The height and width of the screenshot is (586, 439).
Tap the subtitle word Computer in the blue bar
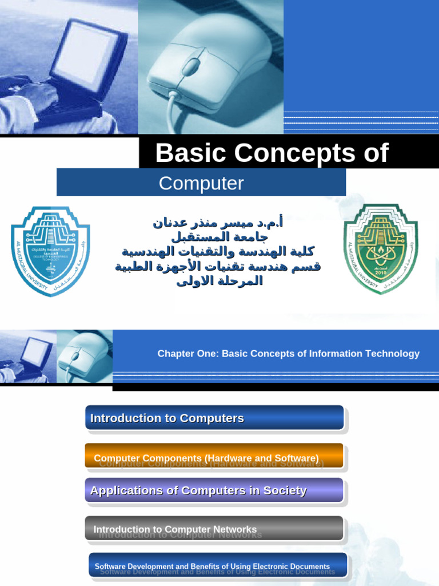coord(201,183)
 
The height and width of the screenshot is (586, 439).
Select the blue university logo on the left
coord(50,251)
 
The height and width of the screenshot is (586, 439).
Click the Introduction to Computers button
coord(214,418)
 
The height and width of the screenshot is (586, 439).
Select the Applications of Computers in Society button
coord(214,490)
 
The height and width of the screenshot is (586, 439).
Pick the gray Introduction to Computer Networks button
coord(214,529)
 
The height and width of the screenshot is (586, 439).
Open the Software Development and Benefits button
coord(218,565)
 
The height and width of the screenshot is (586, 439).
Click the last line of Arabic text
coord(219,281)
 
